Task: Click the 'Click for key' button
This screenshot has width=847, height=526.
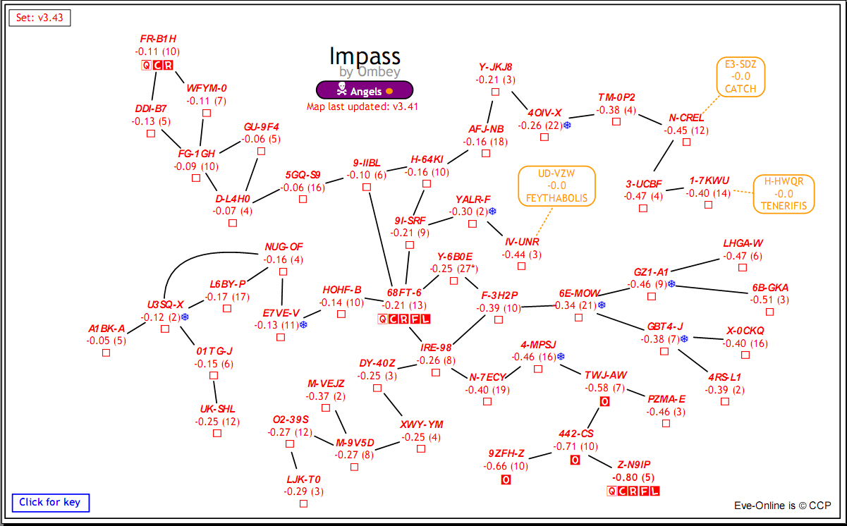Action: (50, 503)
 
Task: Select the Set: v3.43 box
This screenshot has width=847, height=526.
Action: (40, 18)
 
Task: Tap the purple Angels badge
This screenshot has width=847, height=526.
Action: (364, 90)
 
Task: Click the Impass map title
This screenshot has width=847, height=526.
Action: (365, 56)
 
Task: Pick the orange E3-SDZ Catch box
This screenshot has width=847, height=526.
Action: (741, 76)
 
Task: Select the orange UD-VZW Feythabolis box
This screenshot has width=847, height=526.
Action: (556, 186)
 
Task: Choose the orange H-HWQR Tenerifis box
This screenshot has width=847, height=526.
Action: (784, 194)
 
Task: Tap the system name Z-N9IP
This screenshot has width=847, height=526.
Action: (634, 464)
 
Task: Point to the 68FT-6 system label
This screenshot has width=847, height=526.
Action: (404, 293)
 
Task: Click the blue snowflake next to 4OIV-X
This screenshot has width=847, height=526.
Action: (566, 126)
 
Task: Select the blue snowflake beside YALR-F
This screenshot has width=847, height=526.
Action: (492, 212)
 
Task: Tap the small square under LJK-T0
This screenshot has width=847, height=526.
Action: (303, 503)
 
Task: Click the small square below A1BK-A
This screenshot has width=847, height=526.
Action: (106, 353)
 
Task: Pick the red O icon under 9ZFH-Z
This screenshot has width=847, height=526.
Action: (506, 480)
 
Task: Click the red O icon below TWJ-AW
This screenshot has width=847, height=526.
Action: (604, 402)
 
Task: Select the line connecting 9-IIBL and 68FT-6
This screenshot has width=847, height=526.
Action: (381, 236)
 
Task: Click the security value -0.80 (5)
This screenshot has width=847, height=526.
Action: (634, 476)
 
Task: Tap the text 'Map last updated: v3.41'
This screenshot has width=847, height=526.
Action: (363, 107)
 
